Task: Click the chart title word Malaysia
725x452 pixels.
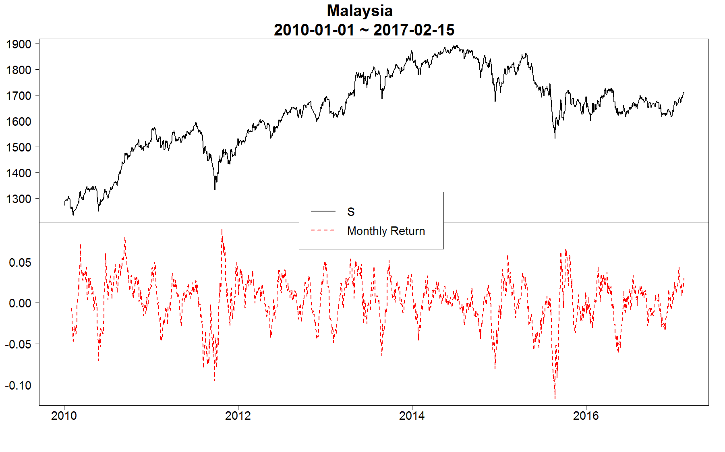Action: click(x=360, y=11)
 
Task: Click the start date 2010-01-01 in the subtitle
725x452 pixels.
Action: click(x=314, y=30)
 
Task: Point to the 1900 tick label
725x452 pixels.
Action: click(x=19, y=44)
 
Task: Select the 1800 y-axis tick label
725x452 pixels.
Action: click(x=19, y=70)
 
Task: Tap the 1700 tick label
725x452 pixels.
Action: click(x=19, y=95)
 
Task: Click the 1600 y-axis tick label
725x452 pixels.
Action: click(x=19, y=121)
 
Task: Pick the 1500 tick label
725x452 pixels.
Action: click(x=19, y=147)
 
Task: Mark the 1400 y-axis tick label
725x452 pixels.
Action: click(x=19, y=173)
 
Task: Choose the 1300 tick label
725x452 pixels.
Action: click(x=19, y=199)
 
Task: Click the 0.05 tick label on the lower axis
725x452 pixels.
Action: click(x=20, y=263)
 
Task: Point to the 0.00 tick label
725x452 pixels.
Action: click(x=20, y=303)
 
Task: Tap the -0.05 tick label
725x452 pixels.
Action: click(x=18, y=344)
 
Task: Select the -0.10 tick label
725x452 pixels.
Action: click(x=18, y=386)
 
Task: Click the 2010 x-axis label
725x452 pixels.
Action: click(x=64, y=416)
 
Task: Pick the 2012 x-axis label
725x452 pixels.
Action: click(x=238, y=416)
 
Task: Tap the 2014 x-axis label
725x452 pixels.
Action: click(x=412, y=416)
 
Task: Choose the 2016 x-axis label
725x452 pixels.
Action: click(x=586, y=416)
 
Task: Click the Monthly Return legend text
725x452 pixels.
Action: click(x=386, y=231)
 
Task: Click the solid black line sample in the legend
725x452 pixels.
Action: click(x=323, y=211)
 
